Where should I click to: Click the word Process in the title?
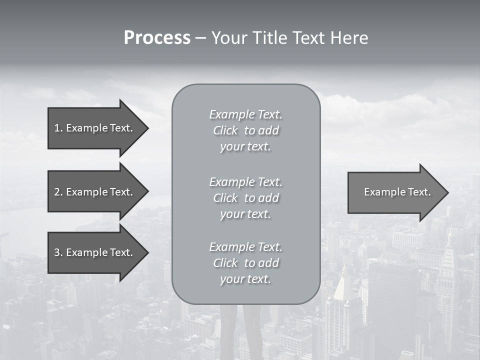pyautogui.click(x=157, y=38)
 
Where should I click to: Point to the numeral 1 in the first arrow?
pyautogui.click(x=56, y=128)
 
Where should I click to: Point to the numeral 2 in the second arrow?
pyautogui.click(x=57, y=192)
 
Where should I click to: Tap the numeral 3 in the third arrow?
pyautogui.click(x=57, y=252)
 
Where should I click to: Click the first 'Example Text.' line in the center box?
pyautogui.click(x=245, y=114)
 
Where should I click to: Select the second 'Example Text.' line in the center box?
pyautogui.click(x=245, y=181)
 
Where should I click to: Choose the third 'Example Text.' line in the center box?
pyautogui.click(x=245, y=247)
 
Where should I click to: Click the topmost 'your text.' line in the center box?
pyautogui.click(x=245, y=147)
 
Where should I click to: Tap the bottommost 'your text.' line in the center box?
pyautogui.click(x=245, y=279)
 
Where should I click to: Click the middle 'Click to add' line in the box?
pyautogui.click(x=245, y=198)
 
